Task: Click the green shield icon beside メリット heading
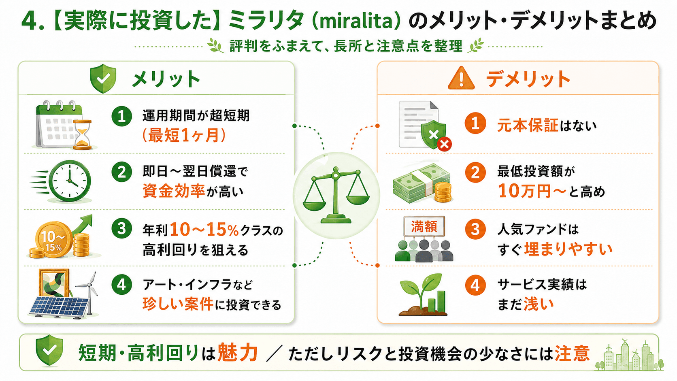pos(103,79)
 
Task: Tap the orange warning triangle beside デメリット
pos(461,78)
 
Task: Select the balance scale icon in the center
pos(336,195)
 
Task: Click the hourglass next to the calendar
pos(83,134)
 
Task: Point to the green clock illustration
pos(70,181)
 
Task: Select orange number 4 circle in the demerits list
pos(475,285)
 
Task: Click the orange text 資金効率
pos(174,191)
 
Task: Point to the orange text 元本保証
pos(528,125)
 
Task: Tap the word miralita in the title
pos(356,21)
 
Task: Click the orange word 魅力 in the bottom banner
pos(238,352)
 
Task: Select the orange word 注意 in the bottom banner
pos(572,353)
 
